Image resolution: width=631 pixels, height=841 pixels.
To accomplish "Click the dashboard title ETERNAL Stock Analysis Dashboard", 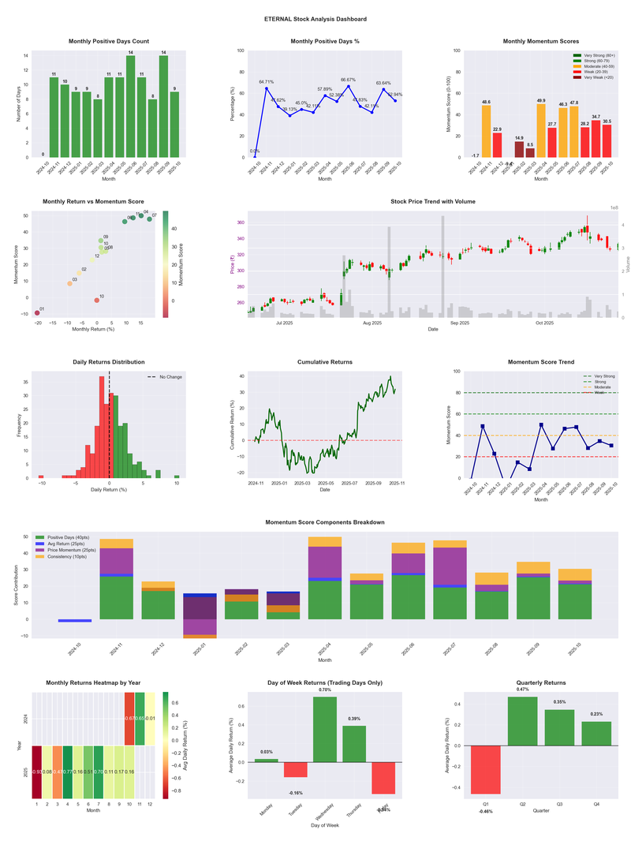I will (x=315, y=19).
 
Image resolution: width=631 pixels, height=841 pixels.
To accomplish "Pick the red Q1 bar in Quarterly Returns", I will (x=486, y=769).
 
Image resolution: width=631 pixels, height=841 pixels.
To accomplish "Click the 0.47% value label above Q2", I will (x=523, y=690).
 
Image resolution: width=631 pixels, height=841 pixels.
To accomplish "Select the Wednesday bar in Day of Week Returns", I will (x=325, y=729).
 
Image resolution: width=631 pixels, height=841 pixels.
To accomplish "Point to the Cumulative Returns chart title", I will (x=324, y=362).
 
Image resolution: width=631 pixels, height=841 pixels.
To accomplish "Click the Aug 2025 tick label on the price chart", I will (x=372, y=323).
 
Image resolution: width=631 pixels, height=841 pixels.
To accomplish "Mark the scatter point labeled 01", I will (x=36, y=313).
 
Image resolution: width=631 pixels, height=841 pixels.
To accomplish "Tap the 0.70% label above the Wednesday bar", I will (x=325, y=690).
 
